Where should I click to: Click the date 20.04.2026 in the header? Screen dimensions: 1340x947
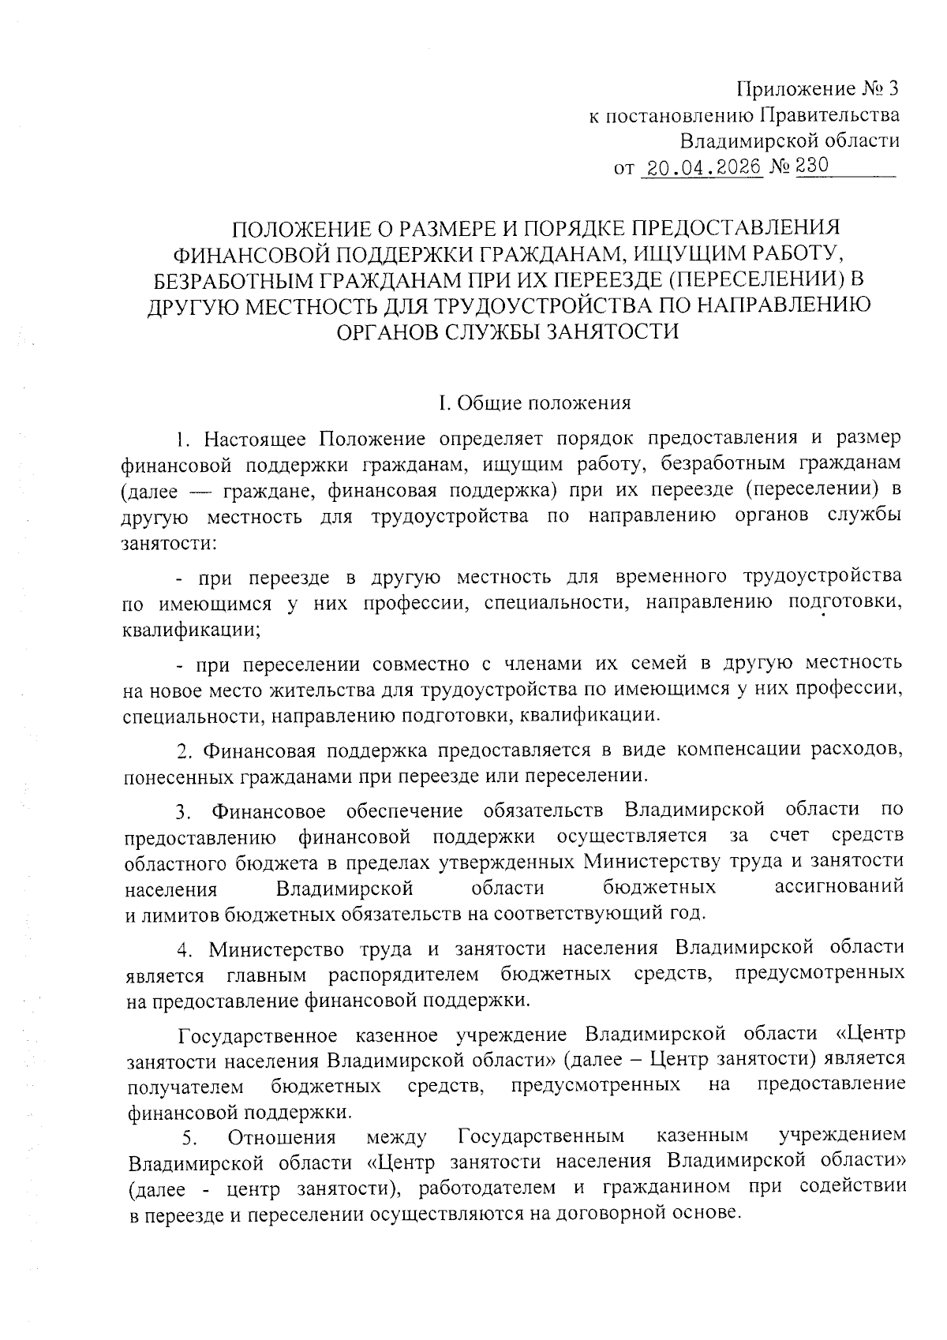point(702,167)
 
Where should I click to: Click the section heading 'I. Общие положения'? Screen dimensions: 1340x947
point(534,403)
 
